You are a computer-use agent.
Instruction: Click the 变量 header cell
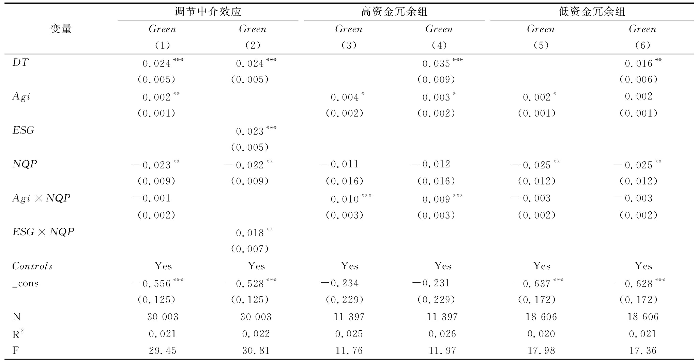click(61, 29)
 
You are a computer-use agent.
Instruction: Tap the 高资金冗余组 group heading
click(394, 12)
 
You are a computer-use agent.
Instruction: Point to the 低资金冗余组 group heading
click(592, 12)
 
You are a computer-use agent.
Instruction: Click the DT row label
click(20, 63)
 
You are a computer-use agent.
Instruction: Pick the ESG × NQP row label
click(43, 232)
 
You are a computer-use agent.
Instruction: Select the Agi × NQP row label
click(41, 198)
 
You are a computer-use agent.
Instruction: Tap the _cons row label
click(26, 283)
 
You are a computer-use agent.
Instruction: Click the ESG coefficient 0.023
click(250, 131)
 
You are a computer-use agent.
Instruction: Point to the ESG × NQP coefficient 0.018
click(250, 233)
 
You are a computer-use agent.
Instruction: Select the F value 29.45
click(163, 350)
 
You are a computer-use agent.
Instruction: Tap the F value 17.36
click(643, 350)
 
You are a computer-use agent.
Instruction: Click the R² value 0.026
click(442, 334)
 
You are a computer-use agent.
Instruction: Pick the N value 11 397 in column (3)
click(349, 317)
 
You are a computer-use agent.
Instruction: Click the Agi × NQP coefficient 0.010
click(345, 199)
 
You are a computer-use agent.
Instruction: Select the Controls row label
click(32, 266)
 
